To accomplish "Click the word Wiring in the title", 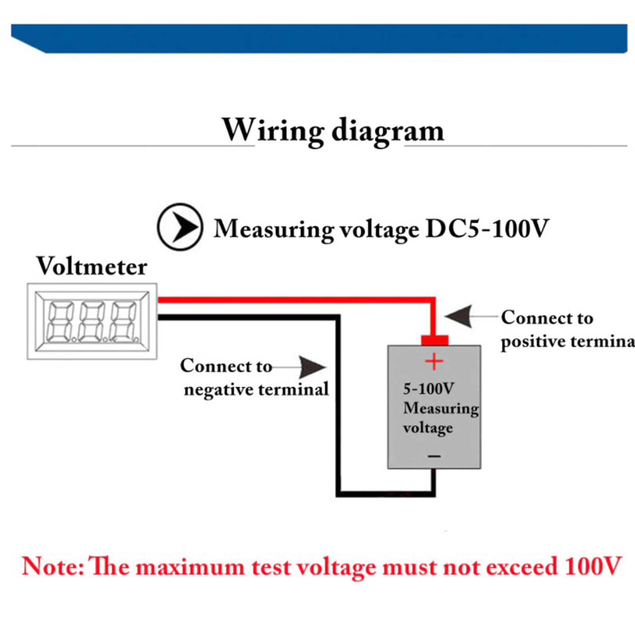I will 273,130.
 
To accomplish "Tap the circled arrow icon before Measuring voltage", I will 180,227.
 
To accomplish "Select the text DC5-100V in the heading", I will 487,229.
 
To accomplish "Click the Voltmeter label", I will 92,266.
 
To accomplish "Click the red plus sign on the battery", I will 434,362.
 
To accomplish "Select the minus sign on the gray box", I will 434,456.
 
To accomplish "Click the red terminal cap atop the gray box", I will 435,340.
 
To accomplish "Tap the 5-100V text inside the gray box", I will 428,389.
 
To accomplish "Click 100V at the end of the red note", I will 593,566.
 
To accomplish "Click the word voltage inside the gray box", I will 428,428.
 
